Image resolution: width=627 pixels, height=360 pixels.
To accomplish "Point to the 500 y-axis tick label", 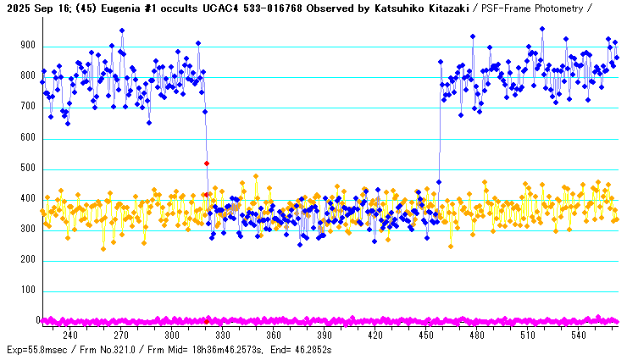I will (30, 169).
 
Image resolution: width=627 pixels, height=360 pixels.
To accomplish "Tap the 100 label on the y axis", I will (30, 291).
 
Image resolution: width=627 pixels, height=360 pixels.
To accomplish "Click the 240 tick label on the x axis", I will (70, 336).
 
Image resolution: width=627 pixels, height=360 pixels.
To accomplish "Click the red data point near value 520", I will (207, 163).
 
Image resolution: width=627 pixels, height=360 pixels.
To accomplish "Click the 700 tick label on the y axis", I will (30, 108).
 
